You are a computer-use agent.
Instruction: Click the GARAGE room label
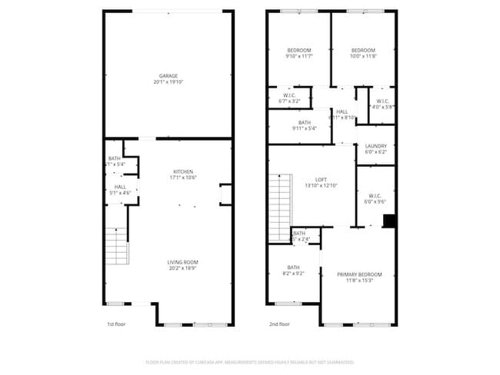[x=168, y=75]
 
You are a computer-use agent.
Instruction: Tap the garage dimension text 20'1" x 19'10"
[x=168, y=81]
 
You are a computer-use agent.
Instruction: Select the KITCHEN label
[x=182, y=171]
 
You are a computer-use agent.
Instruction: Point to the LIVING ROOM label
[x=183, y=263]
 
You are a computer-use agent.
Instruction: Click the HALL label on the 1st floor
[x=120, y=186]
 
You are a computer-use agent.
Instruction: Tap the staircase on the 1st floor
[x=116, y=246]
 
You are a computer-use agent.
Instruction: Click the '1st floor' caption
[x=116, y=324]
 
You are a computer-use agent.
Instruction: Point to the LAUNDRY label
[x=376, y=146]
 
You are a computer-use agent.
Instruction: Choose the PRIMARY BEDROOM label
[x=359, y=274]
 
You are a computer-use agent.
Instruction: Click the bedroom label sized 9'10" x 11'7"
[x=298, y=50]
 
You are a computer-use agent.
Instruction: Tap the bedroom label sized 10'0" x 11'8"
[x=362, y=50]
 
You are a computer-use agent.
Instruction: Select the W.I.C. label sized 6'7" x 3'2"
[x=289, y=96]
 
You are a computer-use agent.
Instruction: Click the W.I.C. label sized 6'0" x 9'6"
[x=375, y=195]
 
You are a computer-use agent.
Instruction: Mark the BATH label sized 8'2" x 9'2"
[x=294, y=267]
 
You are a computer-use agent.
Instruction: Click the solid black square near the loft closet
[x=389, y=221]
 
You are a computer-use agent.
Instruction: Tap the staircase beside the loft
[x=280, y=206]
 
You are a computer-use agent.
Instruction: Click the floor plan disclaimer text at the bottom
[x=249, y=362]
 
